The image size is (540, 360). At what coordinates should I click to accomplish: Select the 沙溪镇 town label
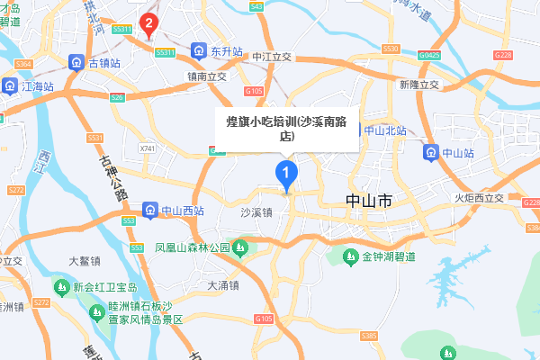pyautogui.click(x=256, y=212)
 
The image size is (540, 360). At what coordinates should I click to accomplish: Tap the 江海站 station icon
pyautogui.click(x=10, y=86)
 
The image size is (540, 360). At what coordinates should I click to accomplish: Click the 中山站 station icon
pyautogui.click(x=431, y=152)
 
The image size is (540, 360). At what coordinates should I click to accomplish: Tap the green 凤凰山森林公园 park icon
pyautogui.click(x=241, y=246)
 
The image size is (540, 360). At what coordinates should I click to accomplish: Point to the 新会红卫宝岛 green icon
pyautogui.click(x=61, y=287)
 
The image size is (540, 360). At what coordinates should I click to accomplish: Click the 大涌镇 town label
pyautogui.click(x=222, y=285)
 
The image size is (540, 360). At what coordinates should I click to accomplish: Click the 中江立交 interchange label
pyautogui.click(x=273, y=56)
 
